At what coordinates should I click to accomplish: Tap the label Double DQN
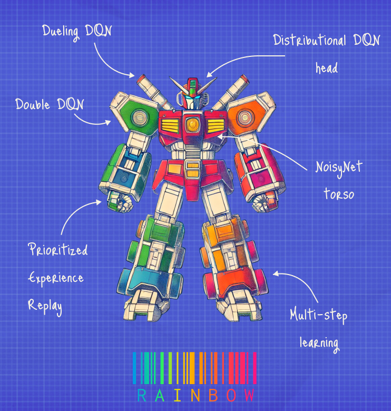[49, 104]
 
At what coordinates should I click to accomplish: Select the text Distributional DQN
[326, 41]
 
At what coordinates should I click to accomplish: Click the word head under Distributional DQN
[326, 68]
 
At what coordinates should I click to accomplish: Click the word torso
[338, 194]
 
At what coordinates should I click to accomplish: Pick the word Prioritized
[58, 249]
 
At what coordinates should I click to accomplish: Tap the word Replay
[45, 306]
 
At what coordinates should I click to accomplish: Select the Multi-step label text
[318, 315]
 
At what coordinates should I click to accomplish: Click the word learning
[319, 342]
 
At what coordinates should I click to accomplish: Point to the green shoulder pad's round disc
[140, 115]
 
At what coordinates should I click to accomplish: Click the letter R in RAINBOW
[141, 395]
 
